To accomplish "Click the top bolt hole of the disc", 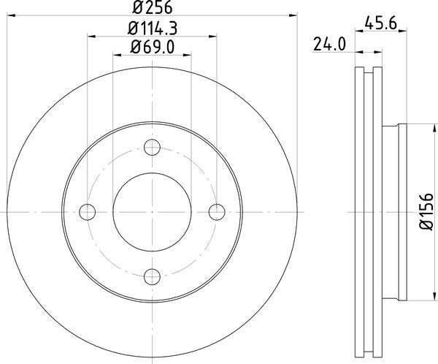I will (x=153, y=148).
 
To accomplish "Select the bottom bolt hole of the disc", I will (x=153, y=276).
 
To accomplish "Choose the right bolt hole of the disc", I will (x=216, y=212).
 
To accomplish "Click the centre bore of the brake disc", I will (x=153, y=212).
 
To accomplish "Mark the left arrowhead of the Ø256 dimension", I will (x=10, y=14).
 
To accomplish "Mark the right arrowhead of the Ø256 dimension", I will (x=295, y=14).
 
